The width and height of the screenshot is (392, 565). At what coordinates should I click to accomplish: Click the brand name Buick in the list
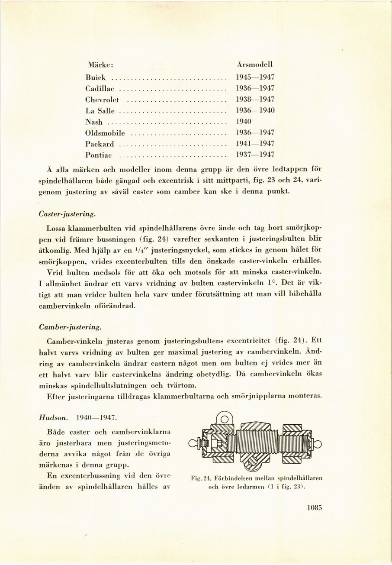click(x=96, y=78)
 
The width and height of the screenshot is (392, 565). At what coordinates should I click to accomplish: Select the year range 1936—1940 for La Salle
click(x=255, y=110)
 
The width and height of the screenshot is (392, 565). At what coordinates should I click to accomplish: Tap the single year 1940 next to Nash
click(x=243, y=122)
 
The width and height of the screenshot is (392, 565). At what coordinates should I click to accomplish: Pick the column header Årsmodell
click(x=255, y=65)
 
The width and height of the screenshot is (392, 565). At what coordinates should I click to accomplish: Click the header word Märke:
click(x=101, y=65)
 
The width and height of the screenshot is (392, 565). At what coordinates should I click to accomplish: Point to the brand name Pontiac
click(x=99, y=155)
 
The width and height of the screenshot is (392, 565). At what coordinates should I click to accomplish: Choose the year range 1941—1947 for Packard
click(x=255, y=143)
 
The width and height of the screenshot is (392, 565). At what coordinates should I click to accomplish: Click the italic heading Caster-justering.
click(x=67, y=214)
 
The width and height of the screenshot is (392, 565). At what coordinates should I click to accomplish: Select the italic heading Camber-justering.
click(x=70, y=326)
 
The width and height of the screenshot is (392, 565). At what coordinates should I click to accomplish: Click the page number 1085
click(x=315, y=508)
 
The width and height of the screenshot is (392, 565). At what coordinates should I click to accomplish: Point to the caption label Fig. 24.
click(x=200, y=478)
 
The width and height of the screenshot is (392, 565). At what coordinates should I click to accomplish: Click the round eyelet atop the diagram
click(x=224, y=419)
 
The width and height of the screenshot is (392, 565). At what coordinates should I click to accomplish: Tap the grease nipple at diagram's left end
click(x=194, y=443)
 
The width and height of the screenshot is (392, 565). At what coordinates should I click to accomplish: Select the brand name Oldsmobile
click(x=105, y=132)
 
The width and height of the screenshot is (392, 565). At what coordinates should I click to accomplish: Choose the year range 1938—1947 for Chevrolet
click(x=255, y=100)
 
